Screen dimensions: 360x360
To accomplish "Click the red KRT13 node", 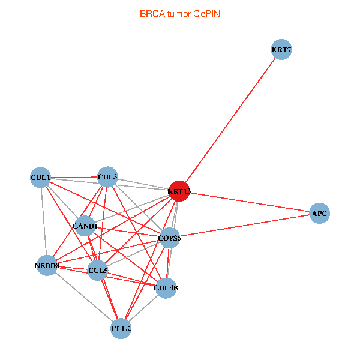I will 179,191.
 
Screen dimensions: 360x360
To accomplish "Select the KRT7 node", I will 281,50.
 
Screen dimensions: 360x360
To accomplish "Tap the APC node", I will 319,214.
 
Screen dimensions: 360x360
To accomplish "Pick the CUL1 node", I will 40,177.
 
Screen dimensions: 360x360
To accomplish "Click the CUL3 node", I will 107,176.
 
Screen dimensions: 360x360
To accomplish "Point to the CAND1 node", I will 85,226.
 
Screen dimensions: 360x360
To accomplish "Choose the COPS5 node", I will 169,238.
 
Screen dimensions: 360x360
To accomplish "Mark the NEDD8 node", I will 47,265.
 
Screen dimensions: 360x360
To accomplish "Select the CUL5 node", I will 98,271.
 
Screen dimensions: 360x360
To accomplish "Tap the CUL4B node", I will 166,289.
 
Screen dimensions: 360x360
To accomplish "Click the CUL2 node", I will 121,328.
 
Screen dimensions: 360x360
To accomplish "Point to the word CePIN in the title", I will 206,13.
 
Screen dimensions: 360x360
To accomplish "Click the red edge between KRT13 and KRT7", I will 230,121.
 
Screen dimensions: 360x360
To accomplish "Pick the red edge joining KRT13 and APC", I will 252,203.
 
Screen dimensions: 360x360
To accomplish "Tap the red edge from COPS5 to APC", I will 246,226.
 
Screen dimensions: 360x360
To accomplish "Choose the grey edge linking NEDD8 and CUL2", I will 84,296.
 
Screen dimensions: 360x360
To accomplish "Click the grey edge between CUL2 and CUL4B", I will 143,308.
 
